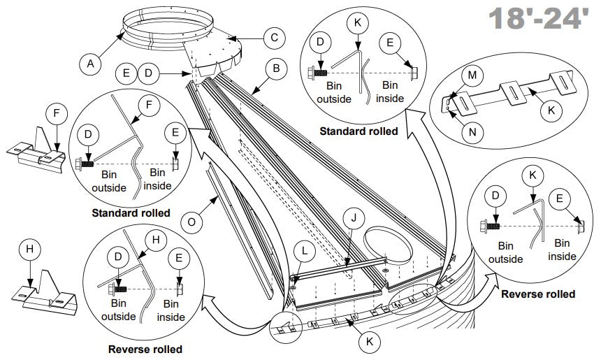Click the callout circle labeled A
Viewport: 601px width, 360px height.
click(x=89, y=65)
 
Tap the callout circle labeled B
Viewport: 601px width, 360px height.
click(x=277, y=69)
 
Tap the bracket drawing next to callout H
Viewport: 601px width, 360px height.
click(x=43, y=294)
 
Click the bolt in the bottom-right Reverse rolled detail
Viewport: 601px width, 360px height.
click(x=488, y=227)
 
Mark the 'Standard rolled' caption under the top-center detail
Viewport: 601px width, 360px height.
click(x=359, y=131)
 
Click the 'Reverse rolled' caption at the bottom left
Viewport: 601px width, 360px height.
click(x=145, y=349)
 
